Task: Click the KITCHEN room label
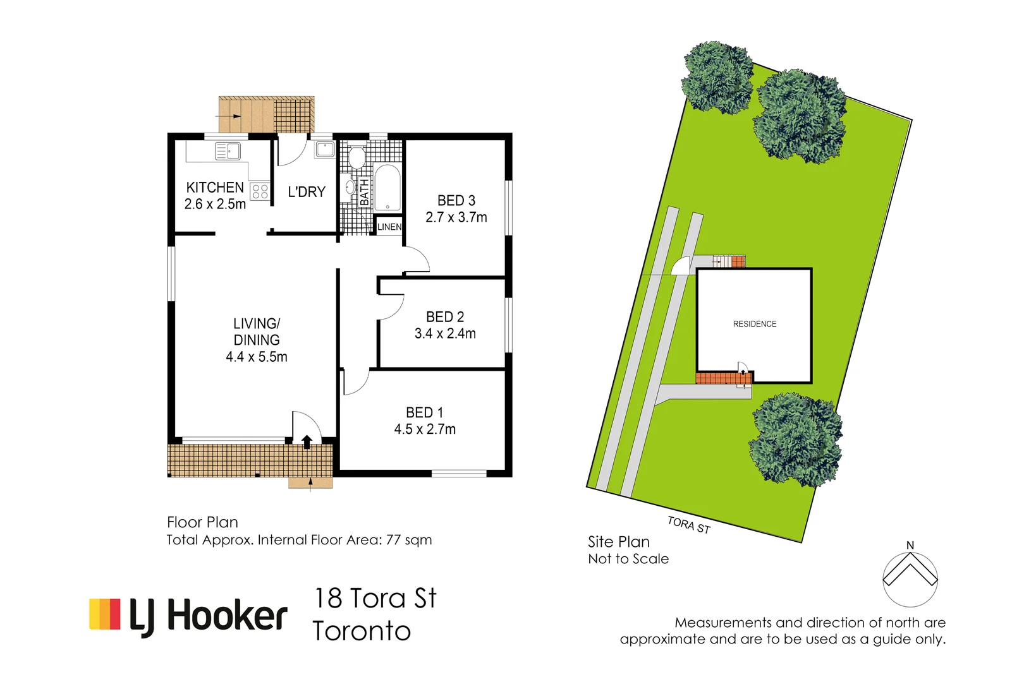tap(215, 188)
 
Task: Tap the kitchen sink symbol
tap(228, 151)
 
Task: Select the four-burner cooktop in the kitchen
tap(260, 191)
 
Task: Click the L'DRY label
tap(307, 192)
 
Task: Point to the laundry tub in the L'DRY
tap(325, 150)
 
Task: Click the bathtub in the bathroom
tap(387, 188)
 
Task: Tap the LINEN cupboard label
tap(389, 227)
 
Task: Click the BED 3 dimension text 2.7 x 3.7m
tap(456, 217)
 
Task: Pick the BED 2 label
tap(445, 317)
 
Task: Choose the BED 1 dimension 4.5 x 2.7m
tap(425, 429)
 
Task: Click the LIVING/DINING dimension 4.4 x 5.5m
tap(257, 357)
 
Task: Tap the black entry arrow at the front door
tap(307, 441)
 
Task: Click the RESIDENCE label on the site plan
tap(755, 324)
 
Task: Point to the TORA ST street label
tap(689, 525)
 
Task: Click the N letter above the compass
tap(910, 545)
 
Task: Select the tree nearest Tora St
tap(796, 440)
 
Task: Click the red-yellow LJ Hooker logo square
tap(105, 614)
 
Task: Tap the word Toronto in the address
tap(362, 631)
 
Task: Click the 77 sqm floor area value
tap(409, 540)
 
